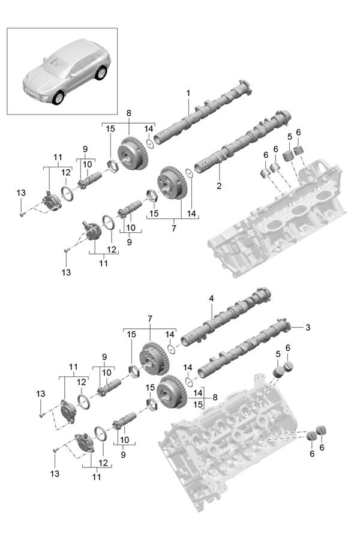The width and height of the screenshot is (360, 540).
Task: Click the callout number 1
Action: [x=188, y=93]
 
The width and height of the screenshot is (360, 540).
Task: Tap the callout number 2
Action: [x=219, y=185]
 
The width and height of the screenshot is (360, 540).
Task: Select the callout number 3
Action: [x=308, y=327]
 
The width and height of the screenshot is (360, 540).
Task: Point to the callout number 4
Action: [x=211, y=298]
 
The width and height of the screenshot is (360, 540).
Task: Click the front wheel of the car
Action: [x=58, y=97]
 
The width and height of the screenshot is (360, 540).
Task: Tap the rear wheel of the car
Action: [x=101, y=73]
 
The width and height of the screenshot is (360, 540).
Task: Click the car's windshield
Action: [x=55, y=65]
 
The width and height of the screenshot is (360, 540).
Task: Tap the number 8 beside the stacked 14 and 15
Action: [x=215, y=397]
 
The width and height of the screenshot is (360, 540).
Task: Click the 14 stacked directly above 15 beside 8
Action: [x=198, y=392]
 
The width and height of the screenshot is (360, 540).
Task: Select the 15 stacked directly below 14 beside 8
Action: [x=198, y=404]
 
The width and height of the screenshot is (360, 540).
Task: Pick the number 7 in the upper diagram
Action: [x=173, y=228]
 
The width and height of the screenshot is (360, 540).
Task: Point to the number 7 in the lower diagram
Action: [x=149, y=319]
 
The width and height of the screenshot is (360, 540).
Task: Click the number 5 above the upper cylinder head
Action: [x=289, y=137]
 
